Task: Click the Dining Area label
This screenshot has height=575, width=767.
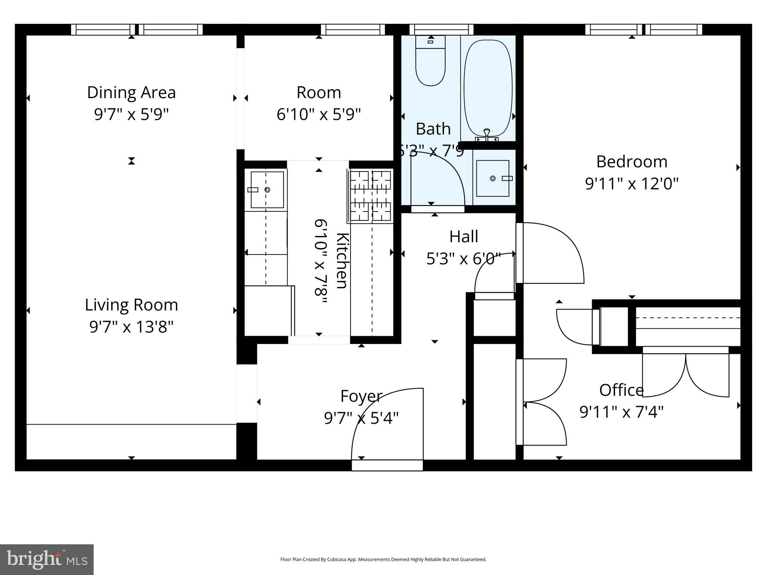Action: pos(131,92)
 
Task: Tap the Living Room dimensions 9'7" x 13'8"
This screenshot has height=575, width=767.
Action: pos(131,327)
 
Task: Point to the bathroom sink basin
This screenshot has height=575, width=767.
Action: pos(492,178)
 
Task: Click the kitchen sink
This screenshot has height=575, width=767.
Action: pos(267,190)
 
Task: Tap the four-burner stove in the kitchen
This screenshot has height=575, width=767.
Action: pos(371,195)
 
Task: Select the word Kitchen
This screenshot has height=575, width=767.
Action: pos(342,261)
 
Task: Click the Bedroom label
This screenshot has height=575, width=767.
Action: pos(631,162)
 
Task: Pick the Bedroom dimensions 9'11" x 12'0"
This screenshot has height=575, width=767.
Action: pos(631,184)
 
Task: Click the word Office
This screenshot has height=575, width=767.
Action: pos(621,390)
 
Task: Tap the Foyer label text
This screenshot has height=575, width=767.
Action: pos(361,396)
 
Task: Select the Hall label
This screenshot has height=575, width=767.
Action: pos(464,237)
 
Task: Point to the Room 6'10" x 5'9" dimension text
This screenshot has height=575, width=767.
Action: pos(318,114)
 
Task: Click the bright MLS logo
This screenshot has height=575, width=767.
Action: pos(47,559)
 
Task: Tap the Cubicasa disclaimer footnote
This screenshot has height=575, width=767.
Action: pos(383,560)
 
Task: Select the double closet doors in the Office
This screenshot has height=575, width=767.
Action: pos(685,374)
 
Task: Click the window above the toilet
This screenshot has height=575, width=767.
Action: pos(441,30)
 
